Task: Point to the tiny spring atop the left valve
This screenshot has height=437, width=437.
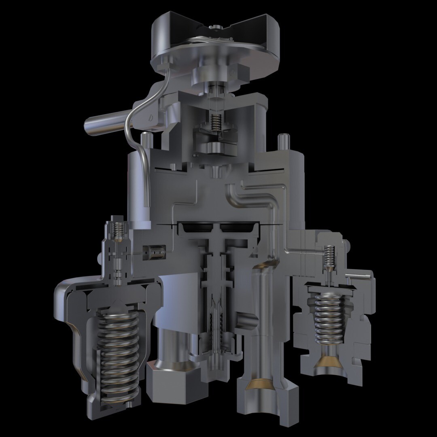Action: [x=118, y=231]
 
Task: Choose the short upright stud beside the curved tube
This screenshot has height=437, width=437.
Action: [x=145, y=140]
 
